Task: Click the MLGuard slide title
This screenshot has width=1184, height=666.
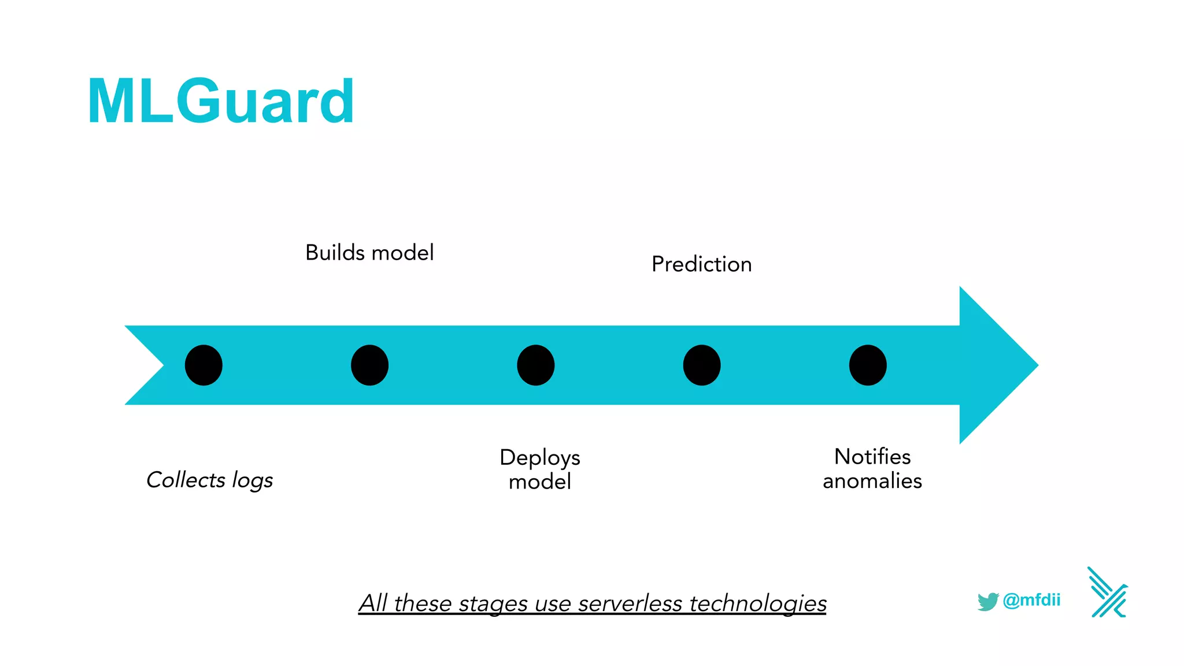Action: (x=221, y=102)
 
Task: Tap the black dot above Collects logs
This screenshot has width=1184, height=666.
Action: (x=203, y=365)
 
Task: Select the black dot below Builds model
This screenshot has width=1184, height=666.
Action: (x=369, y=365)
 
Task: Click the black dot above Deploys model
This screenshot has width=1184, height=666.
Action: (x=535, y=365)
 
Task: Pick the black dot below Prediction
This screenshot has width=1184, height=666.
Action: (x=701, y=365)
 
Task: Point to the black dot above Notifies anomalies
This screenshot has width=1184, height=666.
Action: (x=867, y=365)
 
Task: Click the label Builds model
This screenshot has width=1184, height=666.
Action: (x=369, y=253)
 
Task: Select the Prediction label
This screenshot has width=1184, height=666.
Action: (x=701, y=264)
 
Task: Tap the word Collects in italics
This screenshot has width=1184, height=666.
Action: (x=186, y=480)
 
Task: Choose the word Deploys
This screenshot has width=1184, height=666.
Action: (x=539, y=457)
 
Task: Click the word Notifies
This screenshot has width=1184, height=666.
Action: (x=872, y=457)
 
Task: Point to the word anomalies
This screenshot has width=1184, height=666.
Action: (x=872, y=481)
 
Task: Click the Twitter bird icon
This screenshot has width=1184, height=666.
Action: (x=987, y=601)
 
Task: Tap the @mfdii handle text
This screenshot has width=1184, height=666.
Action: (x=1031, y=600)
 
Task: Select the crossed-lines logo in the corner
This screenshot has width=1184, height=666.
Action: (x=1107, y=593)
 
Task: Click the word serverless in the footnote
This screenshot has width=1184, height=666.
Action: (x=630, y=603)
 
